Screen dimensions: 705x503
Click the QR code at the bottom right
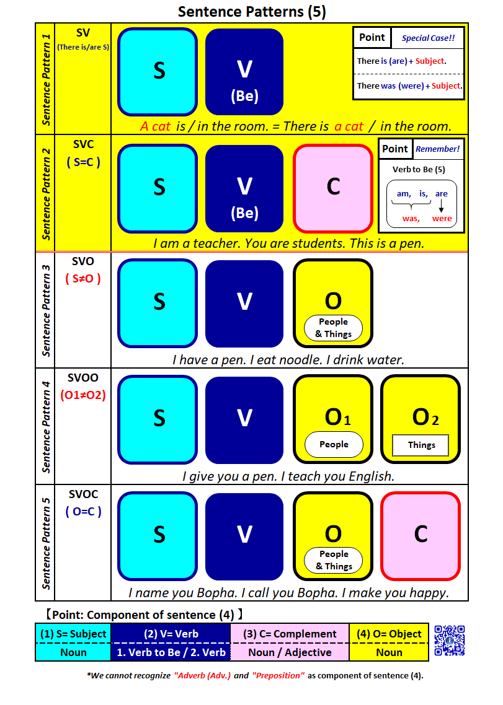[449, 640]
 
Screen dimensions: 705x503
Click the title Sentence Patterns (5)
[251, 11]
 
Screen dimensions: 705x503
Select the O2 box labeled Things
[421, 419]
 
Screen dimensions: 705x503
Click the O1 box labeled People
[333, 419]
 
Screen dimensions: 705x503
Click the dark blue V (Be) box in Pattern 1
[244, 72]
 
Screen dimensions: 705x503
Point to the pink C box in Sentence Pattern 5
[421, 535]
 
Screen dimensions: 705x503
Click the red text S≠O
[82, 278]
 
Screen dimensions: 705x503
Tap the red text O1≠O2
[82, 395]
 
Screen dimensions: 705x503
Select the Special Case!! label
[428, 38]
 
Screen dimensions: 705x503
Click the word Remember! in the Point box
[438, 149]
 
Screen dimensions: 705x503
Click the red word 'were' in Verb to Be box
[442, 218]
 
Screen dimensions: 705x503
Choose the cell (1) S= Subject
[73, 634]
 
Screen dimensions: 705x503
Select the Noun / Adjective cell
[290, 652]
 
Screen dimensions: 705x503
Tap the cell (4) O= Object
[389, 634]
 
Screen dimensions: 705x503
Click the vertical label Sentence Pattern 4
[46, 427]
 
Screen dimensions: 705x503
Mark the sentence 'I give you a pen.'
[229, 476]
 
